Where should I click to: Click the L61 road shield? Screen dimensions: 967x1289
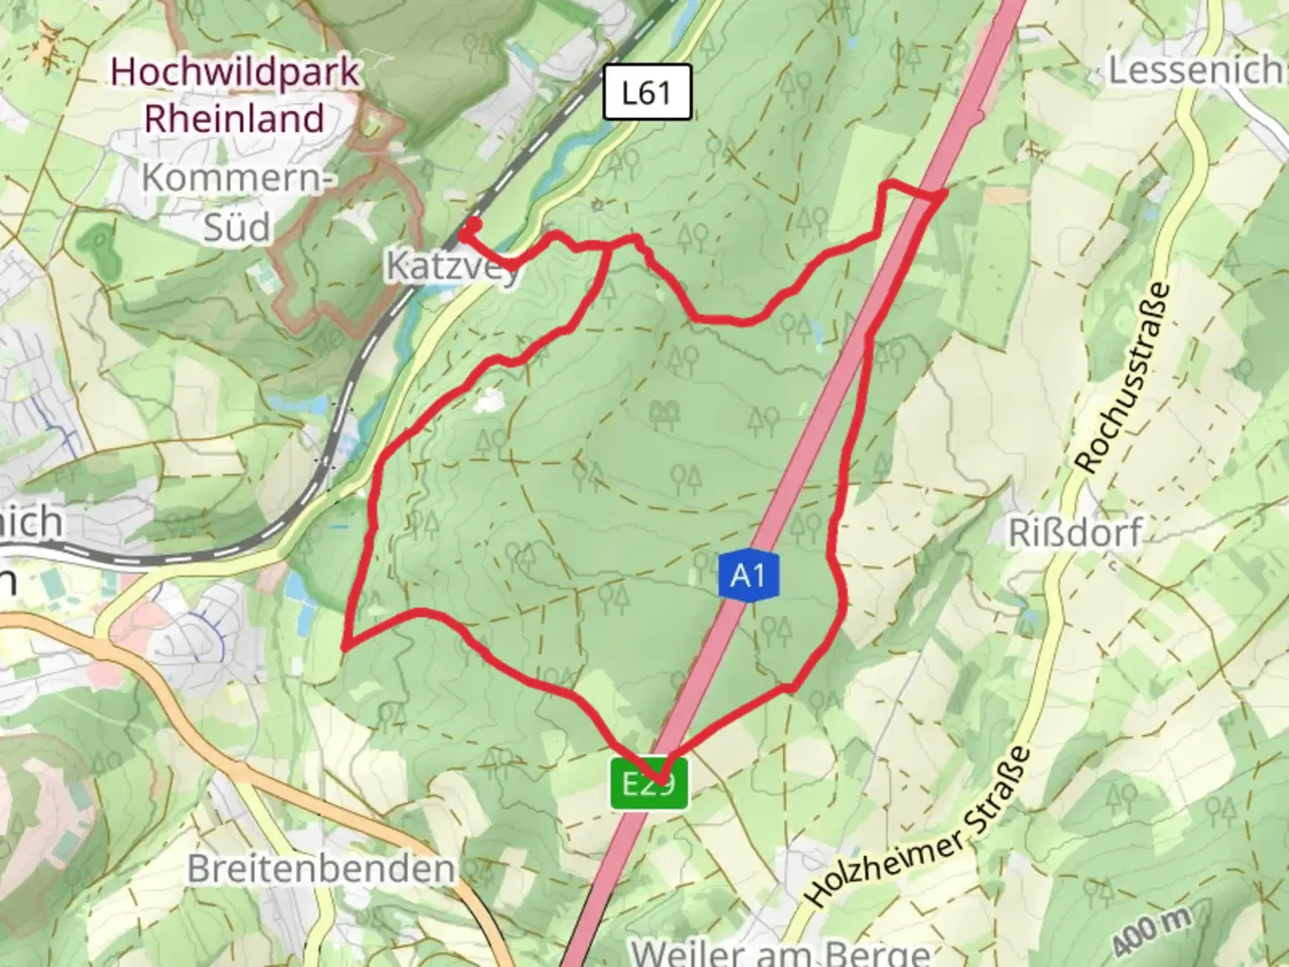[646, 91]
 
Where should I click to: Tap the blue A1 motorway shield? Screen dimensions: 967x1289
[747, 575]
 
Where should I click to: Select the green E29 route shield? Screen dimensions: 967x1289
[650, 783]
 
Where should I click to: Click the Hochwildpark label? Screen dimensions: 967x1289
[235, 72]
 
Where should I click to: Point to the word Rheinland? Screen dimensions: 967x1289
[235, 118]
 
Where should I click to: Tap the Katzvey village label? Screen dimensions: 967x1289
[452, 265]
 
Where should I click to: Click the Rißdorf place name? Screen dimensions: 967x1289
[1074, 533]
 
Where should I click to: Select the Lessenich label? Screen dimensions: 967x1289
[1194, 70]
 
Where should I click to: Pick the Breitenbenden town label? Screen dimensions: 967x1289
[320, 869]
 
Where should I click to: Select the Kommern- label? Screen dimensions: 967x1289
[237, 178]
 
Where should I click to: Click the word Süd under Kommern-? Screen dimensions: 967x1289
[237, 227]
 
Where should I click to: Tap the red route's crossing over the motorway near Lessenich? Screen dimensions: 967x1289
[931, 194]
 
